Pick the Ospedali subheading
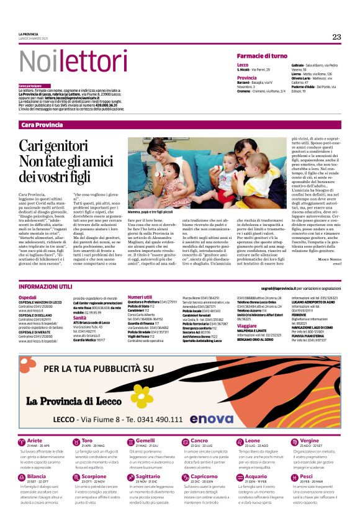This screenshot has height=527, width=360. [x=27, y=298]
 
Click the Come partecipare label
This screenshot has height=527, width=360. [x=30, y=85]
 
